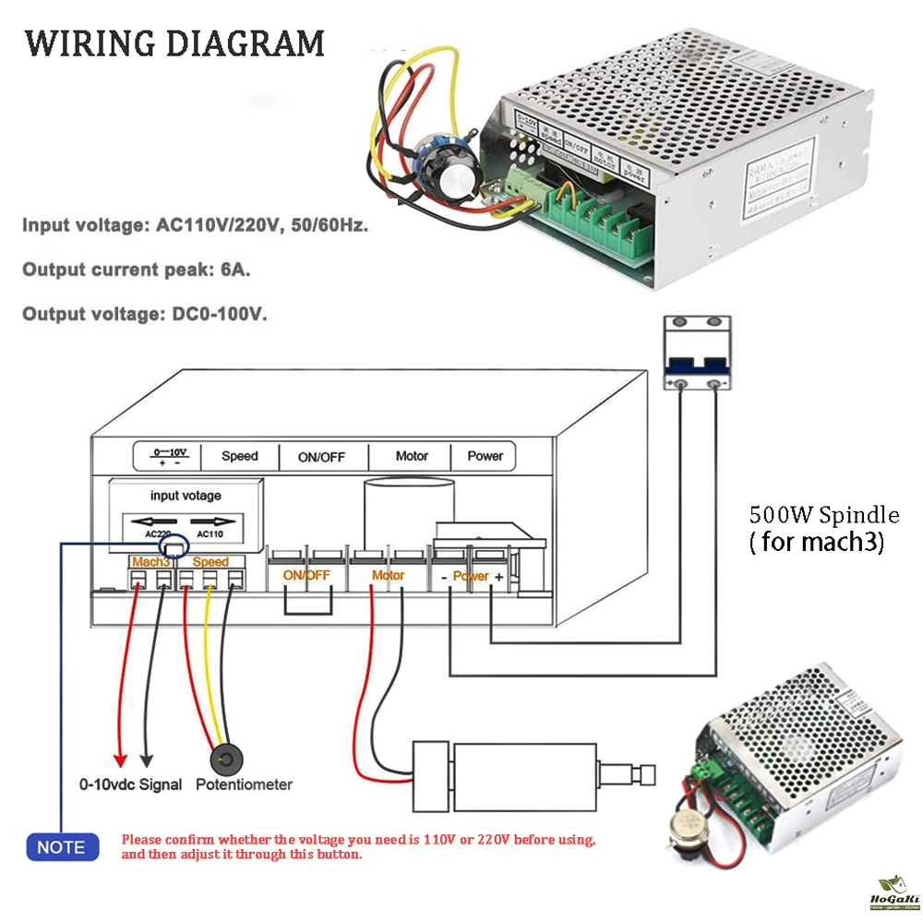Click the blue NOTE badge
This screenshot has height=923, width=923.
(x=61, y=846)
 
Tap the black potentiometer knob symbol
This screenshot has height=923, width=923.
(x=226, y=761)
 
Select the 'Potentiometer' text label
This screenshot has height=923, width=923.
(x=244, y=785)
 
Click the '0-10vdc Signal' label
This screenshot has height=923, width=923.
(x=131, y=785)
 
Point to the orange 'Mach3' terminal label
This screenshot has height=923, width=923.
(x=150, y=561)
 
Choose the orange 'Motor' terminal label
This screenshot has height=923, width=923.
(x=388, y=575)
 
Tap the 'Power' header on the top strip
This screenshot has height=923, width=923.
(x=485, y=456)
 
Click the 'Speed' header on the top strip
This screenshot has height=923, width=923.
(x=240, y=456)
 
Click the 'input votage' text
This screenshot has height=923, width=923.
(x=186, y=496)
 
